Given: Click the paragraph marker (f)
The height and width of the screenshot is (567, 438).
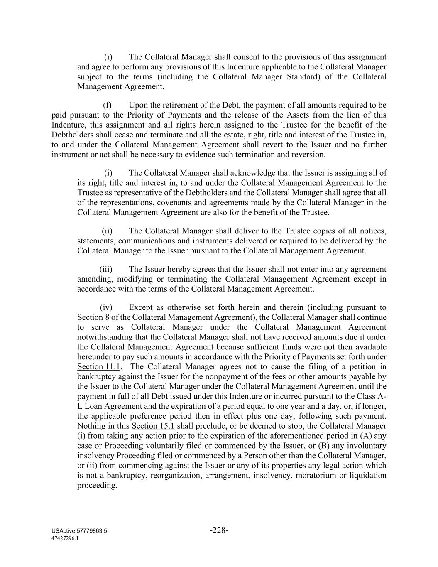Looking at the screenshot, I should [x=107, y=105].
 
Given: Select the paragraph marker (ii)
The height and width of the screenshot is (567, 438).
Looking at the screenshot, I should [x=107, y=231].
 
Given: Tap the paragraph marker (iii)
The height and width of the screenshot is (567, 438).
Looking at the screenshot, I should [x=106, y=269].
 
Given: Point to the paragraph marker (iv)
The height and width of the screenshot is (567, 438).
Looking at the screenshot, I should [x=106, y=307].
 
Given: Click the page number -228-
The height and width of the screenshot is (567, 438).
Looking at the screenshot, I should [x=219, y=530].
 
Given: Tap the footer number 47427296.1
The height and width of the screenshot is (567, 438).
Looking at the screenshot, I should [x=66, y=538].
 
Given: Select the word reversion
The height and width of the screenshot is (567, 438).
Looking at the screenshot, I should [x=308, y=155].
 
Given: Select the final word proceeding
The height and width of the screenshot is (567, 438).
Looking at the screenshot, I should [x=96, y=486].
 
